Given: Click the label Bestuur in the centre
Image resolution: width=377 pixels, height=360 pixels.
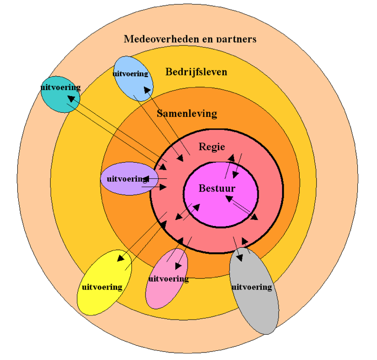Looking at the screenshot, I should (217, 189).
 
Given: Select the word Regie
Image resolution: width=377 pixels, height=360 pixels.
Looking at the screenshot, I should (212, 147).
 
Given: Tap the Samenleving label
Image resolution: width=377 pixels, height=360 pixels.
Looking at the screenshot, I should (186, 113).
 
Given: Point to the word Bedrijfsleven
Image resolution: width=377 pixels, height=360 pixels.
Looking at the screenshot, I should (196, 72).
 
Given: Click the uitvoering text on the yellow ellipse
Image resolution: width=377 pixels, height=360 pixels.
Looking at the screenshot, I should (102, 287).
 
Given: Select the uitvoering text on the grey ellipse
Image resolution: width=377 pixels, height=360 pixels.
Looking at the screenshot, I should (252, 287).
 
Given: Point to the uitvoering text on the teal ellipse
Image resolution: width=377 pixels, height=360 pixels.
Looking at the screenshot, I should (60, 87).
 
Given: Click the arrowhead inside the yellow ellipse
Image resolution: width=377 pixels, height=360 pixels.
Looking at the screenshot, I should (121, 258).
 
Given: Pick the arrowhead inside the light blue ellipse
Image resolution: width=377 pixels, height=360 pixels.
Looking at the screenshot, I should (147, 90).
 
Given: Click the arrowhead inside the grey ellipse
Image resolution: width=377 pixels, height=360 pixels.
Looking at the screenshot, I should (240, 257).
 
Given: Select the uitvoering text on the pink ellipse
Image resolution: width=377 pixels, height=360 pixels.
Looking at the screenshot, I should (169, 279).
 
